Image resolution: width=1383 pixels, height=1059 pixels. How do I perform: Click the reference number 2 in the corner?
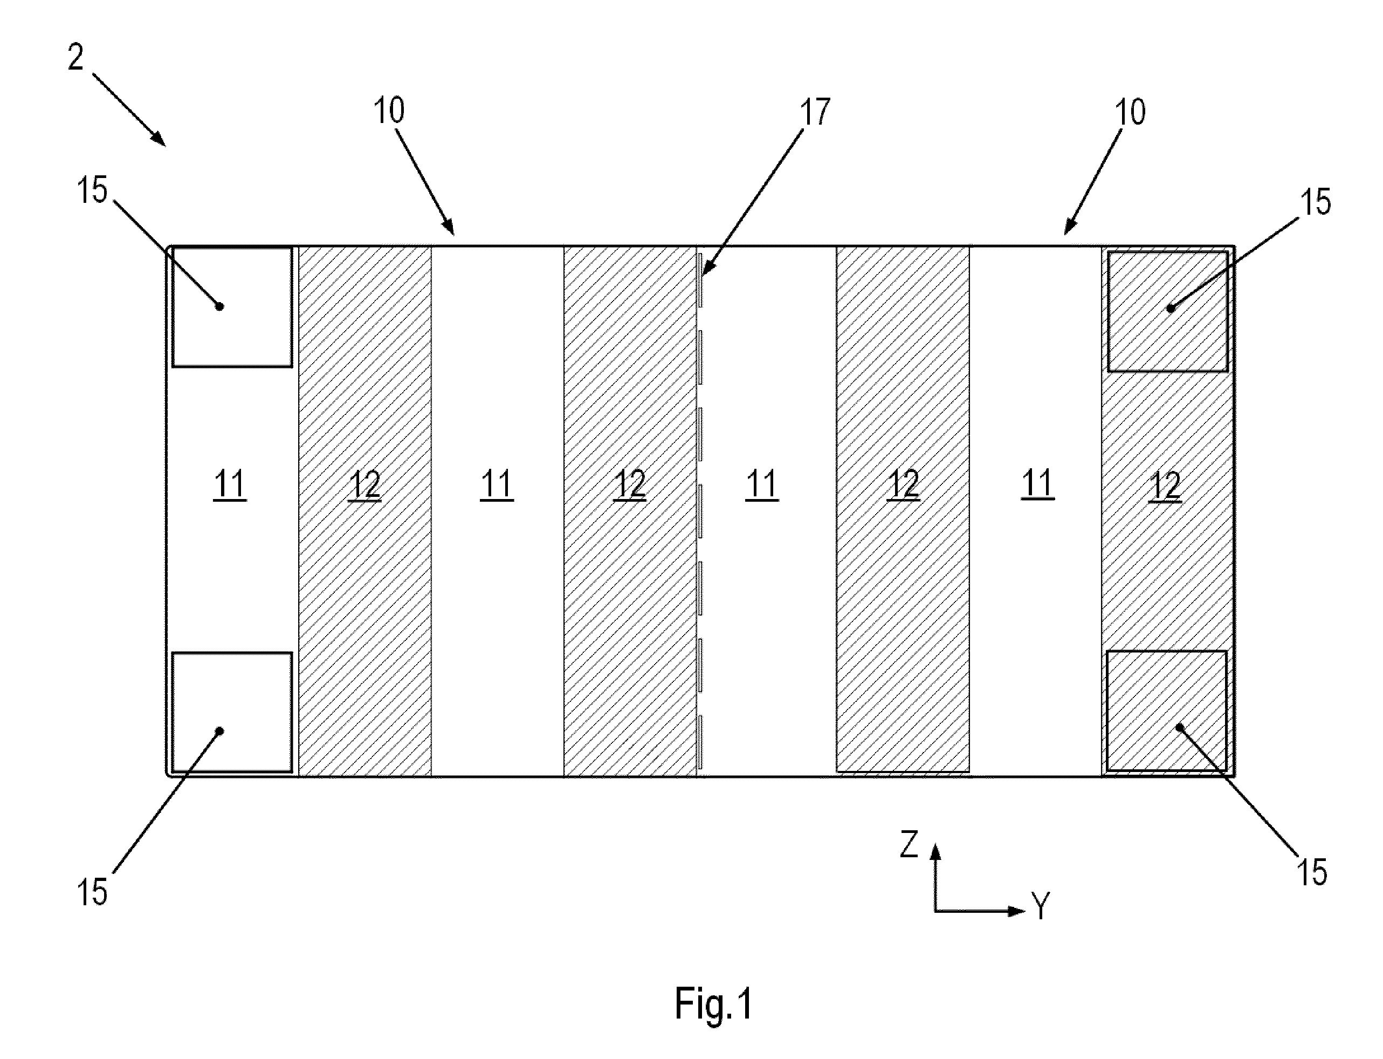[75, 57]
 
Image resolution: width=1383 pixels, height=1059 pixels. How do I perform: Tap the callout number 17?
[815, 112]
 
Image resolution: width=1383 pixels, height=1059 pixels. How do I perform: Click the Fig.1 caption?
[714, 1003]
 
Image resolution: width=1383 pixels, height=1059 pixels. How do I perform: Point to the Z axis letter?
[909, 844]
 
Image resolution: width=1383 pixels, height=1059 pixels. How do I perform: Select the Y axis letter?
[1040, 906]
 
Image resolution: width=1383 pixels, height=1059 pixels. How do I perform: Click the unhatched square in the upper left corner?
[232, 307]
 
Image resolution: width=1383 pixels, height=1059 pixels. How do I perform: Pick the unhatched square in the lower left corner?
[232, 712]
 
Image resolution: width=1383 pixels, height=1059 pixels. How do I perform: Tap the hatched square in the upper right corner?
[1167, 311]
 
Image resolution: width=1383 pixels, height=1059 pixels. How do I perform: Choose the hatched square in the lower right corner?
[1167, 710]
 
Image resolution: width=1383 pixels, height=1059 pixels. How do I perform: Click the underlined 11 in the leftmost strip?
[230, 486]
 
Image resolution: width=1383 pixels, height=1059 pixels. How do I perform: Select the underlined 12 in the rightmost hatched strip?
[1166, 486]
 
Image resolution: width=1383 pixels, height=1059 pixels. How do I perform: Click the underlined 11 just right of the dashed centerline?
[761, 486]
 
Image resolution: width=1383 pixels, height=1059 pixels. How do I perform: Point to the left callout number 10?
[389, 111]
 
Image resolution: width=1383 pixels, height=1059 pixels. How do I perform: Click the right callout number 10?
[1130, 112]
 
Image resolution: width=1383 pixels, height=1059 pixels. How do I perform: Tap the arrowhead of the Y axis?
[1017, 911]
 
